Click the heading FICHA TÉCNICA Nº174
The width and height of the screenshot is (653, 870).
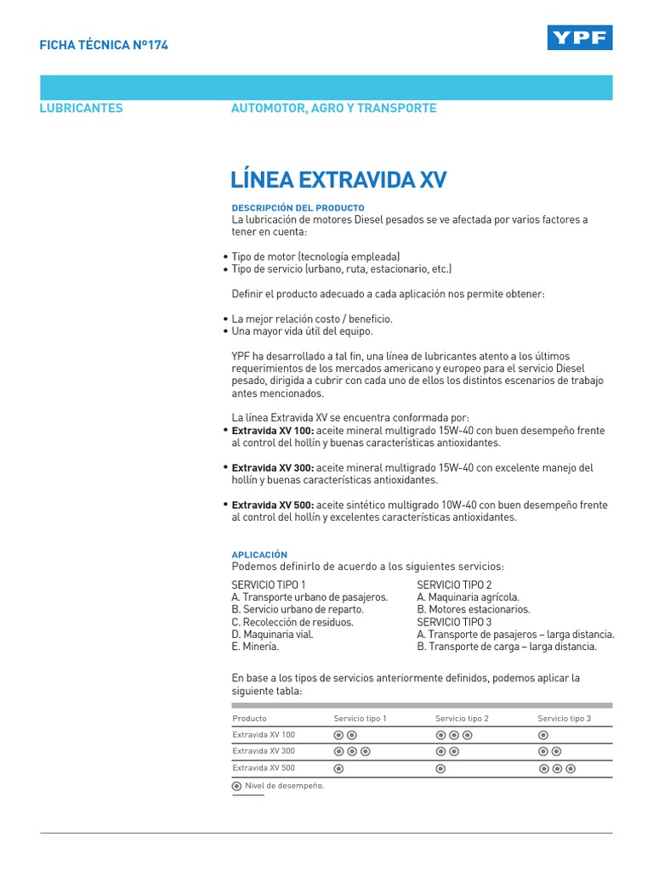(x=104, y=45)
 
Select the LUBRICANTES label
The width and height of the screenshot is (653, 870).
(x=82, y=108)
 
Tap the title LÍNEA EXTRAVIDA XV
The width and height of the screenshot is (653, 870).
(x=338, y=180)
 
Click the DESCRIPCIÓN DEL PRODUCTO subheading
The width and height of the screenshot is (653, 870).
(x=298, y=207)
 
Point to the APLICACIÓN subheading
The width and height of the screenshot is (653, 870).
(x=259, y=554)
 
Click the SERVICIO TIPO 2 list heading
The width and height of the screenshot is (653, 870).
(x=454, y=585)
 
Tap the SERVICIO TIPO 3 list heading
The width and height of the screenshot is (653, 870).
(x=454, y=622)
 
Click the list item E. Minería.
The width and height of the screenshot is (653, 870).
(x=255, y=647)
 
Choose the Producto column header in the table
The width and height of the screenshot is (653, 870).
(x=249, y=718)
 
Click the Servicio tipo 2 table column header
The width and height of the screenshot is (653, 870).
(x=462, y=718)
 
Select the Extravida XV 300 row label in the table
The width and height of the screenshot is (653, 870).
(x=264, y=751)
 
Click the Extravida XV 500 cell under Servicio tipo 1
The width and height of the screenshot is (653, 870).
(x=338, y=768)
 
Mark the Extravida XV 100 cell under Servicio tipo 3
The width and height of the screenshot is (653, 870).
(x=543, y=735)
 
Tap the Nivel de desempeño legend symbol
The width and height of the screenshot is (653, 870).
(x=236, y=786)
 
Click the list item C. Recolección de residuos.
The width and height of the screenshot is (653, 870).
(x=292, y=622)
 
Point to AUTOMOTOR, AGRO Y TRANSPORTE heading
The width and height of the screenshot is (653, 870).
(x=333, y=108)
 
